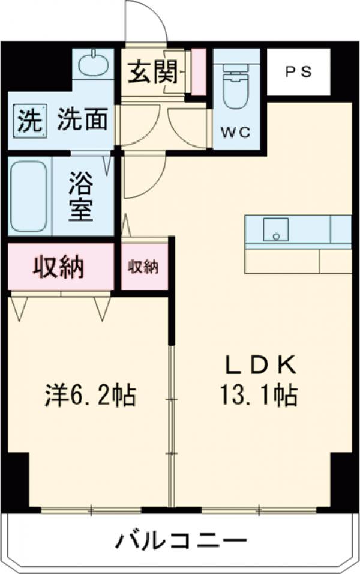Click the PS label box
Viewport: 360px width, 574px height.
298,71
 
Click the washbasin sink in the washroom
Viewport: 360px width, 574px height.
93,63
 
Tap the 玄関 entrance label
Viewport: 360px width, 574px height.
152,73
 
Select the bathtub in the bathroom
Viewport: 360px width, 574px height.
29,196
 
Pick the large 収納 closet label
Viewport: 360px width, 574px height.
58,266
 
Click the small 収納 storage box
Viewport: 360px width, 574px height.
143,267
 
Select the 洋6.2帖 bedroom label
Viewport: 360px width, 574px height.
90,396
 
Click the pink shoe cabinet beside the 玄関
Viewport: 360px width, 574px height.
197,71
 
